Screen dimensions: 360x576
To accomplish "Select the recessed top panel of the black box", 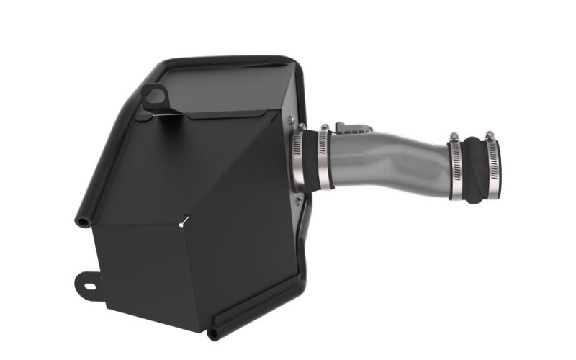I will pyautogui.click(x=216, y=86).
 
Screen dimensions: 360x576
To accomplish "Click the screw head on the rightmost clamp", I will pyautogui.click(x=490, y=135).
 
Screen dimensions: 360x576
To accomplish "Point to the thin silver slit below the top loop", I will pyautogui.click(x=168, y=113).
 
